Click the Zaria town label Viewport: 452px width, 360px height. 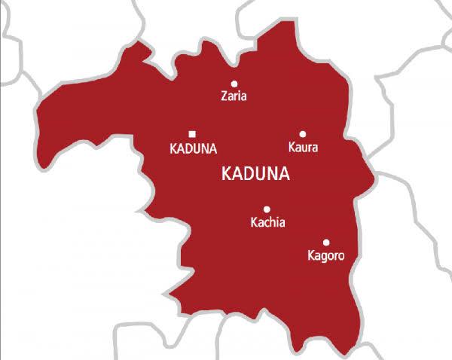point(234,96)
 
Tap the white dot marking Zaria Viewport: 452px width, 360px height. point(234,84)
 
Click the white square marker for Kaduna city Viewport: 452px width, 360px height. point(192,133)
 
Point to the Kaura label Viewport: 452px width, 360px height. point(303,148)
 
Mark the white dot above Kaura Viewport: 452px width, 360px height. point(303,134)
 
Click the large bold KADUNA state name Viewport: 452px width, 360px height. point(257,174)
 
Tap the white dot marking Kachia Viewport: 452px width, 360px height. point(267,209)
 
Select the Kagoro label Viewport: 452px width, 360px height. point(326,256)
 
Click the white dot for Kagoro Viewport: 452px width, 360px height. point(326,243)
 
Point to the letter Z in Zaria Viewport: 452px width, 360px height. point(224,96)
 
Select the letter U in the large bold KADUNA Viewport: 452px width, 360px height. point(262,174)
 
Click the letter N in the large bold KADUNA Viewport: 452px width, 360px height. point(273,174)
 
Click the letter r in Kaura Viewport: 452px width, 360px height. point(309,148)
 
